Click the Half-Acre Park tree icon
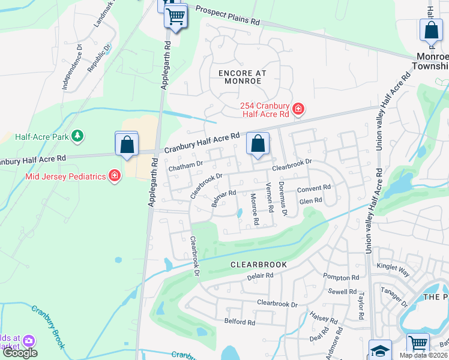pos(77,137)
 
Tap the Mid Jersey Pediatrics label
pos(65,176)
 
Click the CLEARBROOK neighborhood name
pos(259,264)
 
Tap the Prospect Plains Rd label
pos(228,15)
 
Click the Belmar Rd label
pos(223,199)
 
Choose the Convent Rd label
pos(314,188)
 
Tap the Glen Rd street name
pos(310,201)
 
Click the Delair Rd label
pos(260,276)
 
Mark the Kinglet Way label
pos(393,269)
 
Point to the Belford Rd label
pos(240,322)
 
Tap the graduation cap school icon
pos(380,350)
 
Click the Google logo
pos(19,353)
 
